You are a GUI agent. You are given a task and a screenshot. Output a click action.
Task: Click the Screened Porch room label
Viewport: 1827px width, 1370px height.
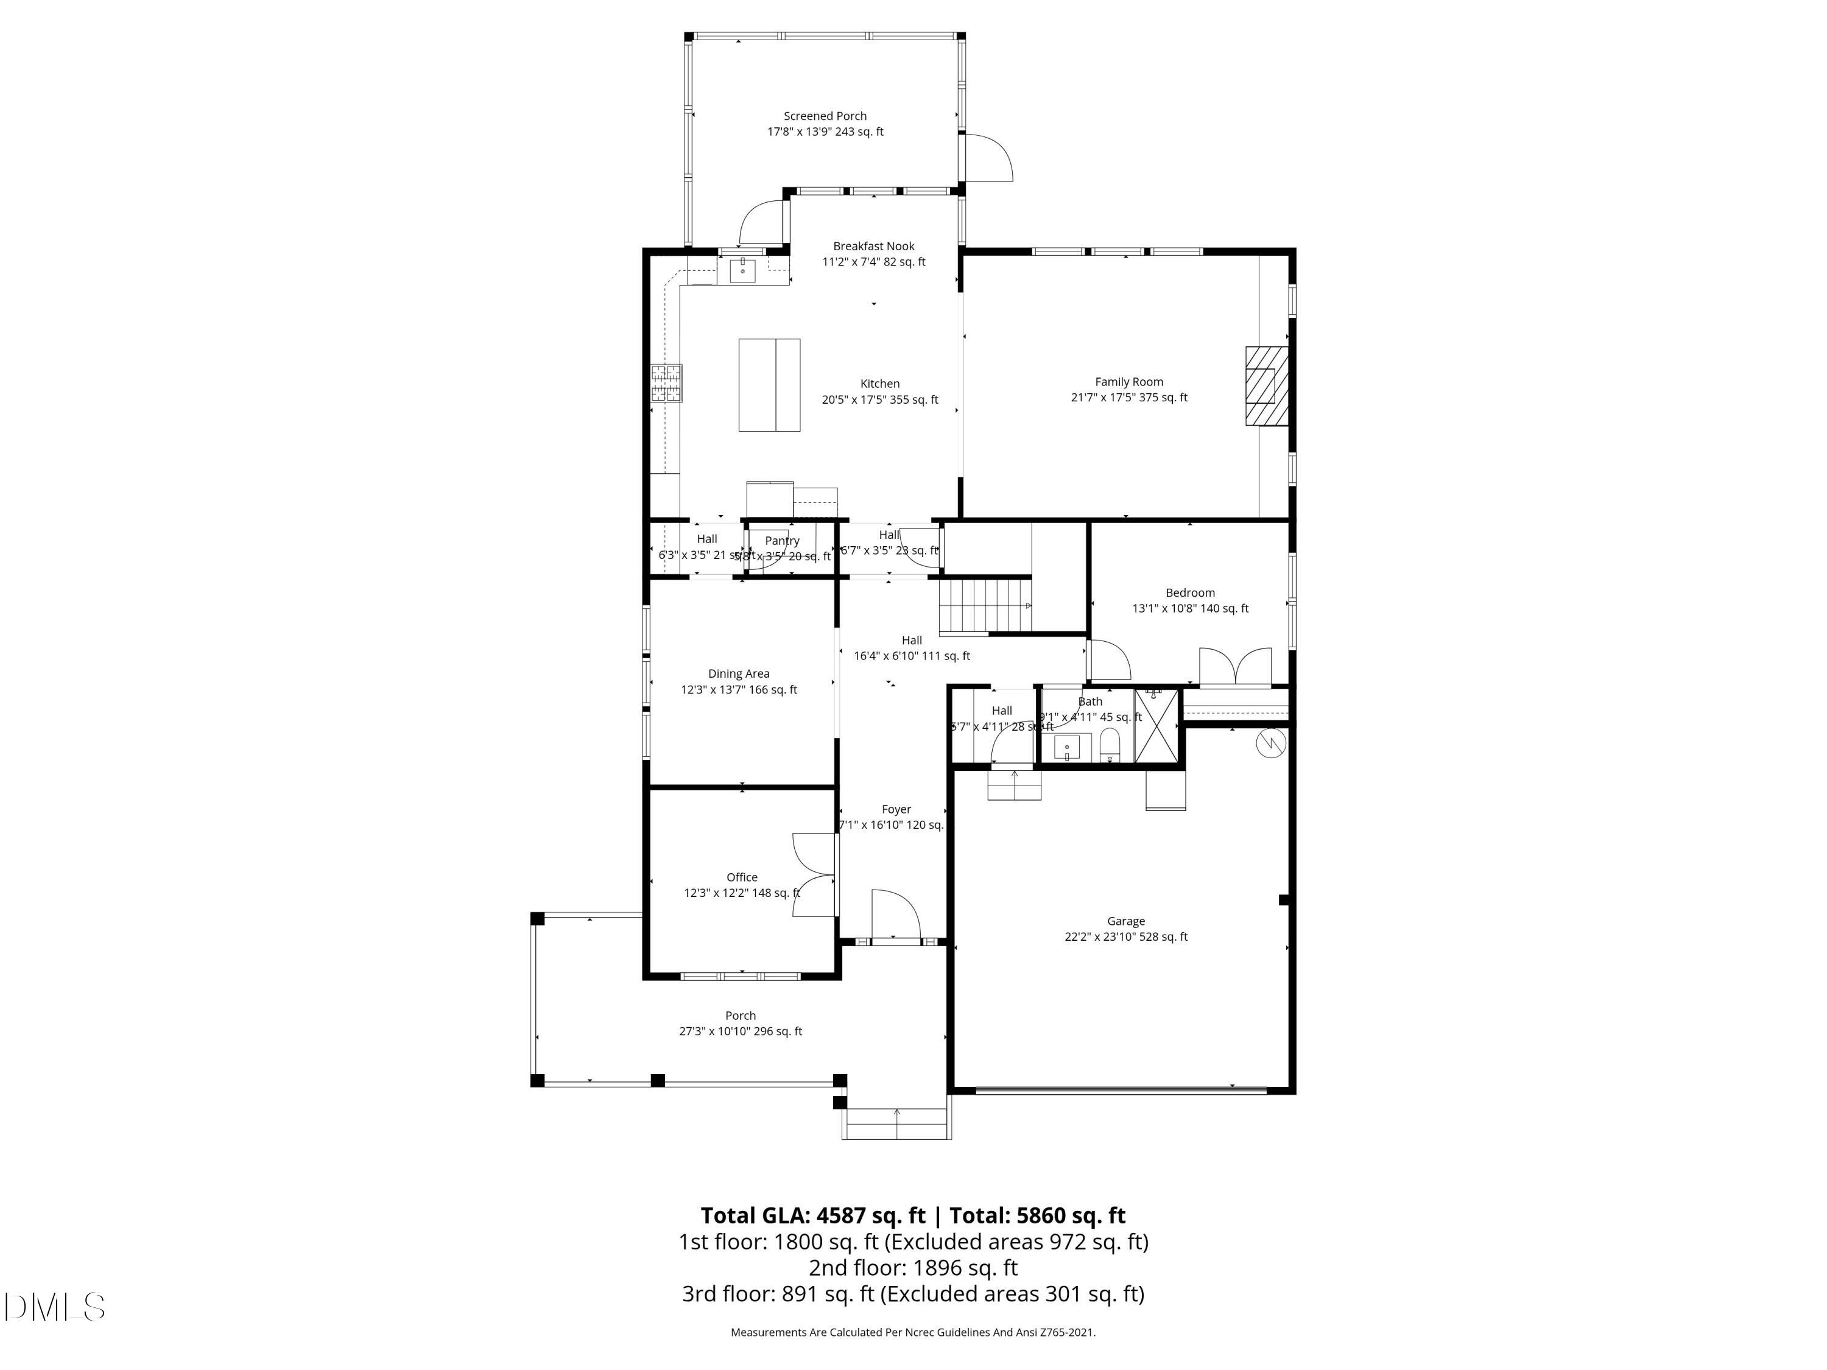pyautogui.click(x=825, y=116)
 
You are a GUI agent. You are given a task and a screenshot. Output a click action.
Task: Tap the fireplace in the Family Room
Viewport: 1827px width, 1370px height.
pyautogui.click(x=1266, y=385)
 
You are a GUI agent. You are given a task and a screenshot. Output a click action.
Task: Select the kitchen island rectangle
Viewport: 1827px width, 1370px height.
pyautogui.click(x=769, y=385)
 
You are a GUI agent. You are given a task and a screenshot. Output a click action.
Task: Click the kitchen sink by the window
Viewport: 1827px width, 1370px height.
pyautogui.click(x=742, y=270)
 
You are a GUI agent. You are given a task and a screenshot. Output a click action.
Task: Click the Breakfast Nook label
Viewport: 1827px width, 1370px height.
pyautogui.click(x=873, y=246)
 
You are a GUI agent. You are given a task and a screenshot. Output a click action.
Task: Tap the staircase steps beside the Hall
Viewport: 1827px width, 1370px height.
pyautogui.click(x=985, y=605)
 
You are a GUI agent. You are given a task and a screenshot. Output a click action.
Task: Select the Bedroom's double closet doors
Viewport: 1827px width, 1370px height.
pyautogui.click(x=1235, y=667)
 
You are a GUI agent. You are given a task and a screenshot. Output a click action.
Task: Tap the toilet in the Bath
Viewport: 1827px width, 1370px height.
pyautogui.click(x=1109, y=745)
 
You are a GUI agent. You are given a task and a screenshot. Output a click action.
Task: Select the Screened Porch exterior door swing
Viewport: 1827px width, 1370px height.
pyautogui.click(x=988, y=158)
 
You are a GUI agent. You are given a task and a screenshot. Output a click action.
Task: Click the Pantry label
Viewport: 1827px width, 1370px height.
pyautogui.click(x=781, y=541)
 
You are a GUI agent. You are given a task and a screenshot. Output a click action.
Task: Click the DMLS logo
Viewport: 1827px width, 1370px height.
pyautogui.click(x=55, y=1307)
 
